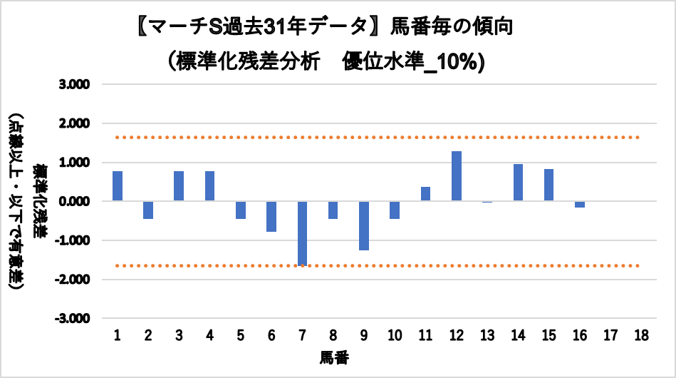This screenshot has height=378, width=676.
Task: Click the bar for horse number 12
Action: pyautogui.click(x=457, y=176)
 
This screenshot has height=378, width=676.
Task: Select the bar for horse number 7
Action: pyautogui.click(x=302, y=233)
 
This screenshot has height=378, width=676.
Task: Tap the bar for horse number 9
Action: pyautogui.click(x=364, y=225)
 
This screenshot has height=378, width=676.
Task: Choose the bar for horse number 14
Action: pyautogui.click(x=518, y=183)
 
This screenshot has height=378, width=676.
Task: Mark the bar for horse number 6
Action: pyautogui.click(x=271, y=216)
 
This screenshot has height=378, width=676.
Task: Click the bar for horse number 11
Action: pyautogui.click(x=425, y=194)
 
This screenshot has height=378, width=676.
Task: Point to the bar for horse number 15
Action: pyautogui.click(x=549, y=185)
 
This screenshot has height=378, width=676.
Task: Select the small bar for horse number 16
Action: pyautogui.click(x=580, y=204)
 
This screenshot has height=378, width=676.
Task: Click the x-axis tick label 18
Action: pyautogui.click(x=641, y=335)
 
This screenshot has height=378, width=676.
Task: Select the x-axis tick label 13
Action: pyautogui.click(x=487, y=335)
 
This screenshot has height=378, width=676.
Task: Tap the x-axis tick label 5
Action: pyautogui.click(x=241, y=335)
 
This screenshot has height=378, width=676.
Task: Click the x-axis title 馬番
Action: pyautogui.click(x=333, y=356)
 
